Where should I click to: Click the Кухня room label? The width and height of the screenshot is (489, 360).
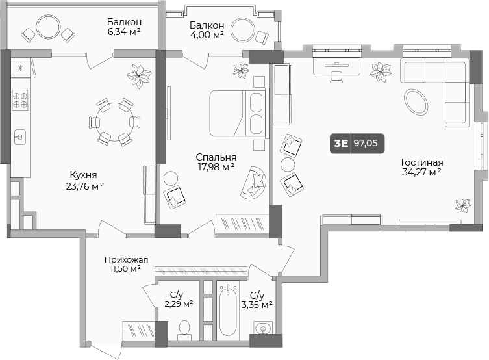click(83, 174)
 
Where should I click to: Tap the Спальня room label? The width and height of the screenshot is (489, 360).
click(216, 157)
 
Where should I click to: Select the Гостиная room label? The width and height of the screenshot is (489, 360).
click(422, 162)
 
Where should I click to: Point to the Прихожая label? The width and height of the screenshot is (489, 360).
click(126, 259)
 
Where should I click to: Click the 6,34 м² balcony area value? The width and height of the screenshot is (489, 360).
click(124, 31)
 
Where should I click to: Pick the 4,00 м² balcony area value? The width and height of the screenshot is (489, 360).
click(207, 34)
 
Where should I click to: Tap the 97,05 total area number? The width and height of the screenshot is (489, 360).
click(366, 143)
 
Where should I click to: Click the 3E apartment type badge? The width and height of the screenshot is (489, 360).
click(341, 143)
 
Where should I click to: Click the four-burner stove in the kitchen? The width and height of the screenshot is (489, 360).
click(20, 100)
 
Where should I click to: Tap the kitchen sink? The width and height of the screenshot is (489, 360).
click(20, 137)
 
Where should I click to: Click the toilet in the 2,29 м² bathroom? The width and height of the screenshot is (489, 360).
click(184, 329)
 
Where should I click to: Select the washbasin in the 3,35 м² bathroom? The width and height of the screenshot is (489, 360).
click(263, 328)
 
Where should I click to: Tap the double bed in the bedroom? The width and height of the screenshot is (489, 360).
click(239, 113)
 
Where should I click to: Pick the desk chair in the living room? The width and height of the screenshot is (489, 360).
click(336, 77)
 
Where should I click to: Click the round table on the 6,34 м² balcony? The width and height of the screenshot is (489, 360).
click(47, 27)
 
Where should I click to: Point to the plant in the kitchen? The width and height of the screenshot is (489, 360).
click(139, 75)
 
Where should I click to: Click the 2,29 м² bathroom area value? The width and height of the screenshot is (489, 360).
click(179, 303)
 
